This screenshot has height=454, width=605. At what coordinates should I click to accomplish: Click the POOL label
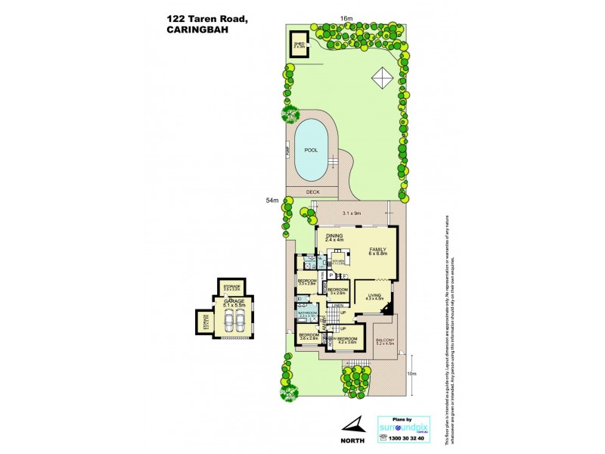310,150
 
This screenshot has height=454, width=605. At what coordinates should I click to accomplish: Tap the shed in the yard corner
299,42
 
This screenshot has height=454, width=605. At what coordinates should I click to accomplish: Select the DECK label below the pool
312,192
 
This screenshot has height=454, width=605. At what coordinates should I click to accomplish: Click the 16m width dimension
346,18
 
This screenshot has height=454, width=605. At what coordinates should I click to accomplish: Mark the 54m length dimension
272,201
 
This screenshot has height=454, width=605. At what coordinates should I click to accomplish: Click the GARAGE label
232,300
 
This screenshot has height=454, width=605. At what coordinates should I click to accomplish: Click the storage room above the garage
231,288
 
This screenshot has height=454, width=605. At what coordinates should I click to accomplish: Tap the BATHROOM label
307,313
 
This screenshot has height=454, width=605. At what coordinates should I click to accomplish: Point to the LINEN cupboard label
337,305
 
